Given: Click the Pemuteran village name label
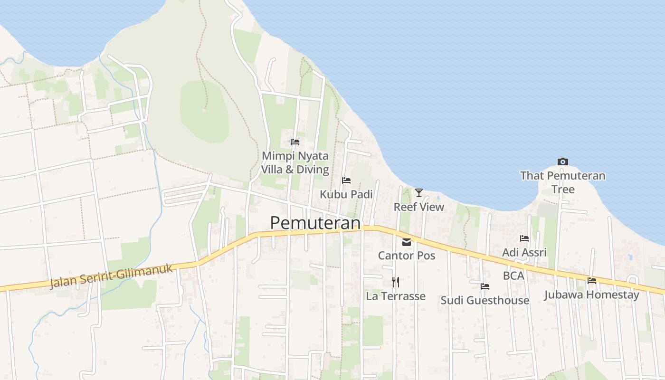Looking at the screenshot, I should pyautogui.click(x=314, y=223).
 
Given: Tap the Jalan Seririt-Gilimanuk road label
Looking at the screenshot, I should pyautogui.click(x=112, y=275).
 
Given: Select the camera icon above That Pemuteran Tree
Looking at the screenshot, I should pyautogui.click(x=563, y=162).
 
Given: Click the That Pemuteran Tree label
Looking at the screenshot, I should pyautogui.click(x=563, y=182).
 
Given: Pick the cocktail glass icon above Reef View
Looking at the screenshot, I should pyautogui.click(x=418, y=192).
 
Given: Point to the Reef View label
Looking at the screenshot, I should pyautogui.click(x=418, y=207).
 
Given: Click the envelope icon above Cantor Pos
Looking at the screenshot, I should pyautogui.click(x=407, y=242).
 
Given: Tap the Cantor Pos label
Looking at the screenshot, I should pyautogui.click(x=407, y=256).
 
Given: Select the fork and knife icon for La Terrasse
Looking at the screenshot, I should pyautogui.click(x=395, y=282).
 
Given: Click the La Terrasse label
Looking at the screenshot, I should pyautogui.click(x=395, y=296).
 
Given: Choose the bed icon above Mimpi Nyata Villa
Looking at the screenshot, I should pyautogui.click(x=295, y=142).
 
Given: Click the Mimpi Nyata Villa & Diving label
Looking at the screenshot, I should pyautogui.click(x=295, y=162).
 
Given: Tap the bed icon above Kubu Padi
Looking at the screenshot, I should pyautogui.click(x=346, y=180).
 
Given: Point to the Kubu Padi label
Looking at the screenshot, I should pyautogui.click(x=346, y=194).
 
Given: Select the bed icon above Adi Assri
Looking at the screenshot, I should pyautogui.click(x=524, y=238).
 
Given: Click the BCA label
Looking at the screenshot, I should pyautogui.click(x=513, y=275).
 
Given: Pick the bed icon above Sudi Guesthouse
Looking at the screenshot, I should pyautogui.click(x=485, y=286).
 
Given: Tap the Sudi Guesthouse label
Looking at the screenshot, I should pyautogui.click(x=485, y=300).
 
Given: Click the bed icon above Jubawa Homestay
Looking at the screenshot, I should pyautogui.click(x=592, y=281).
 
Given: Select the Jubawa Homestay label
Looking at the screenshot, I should pyautogui.click(x=592, y=294).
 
